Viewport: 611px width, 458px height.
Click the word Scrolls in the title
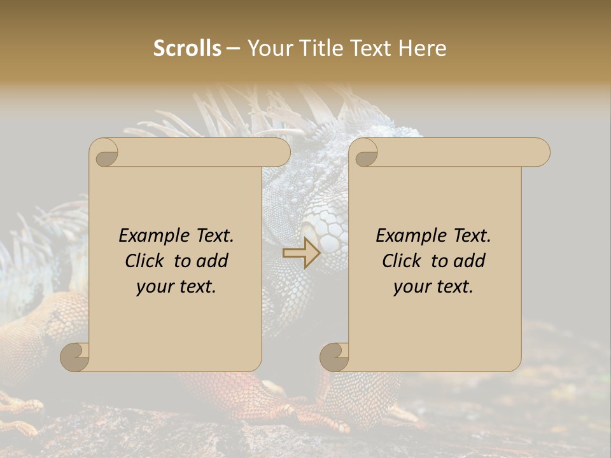pyautogui.click(x=187, y=48)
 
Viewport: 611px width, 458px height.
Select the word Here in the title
pyautogui.click(x=423, y=48)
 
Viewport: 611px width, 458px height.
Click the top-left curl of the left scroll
pyautogui.click(x=105, y=153)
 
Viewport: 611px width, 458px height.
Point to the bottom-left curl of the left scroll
pyautogui.click(x=75, y=357)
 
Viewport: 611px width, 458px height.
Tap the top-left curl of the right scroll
pyautogui.click(x=365, y=153)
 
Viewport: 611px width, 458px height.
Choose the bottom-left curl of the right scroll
pyautogui.click(x=334, y=357)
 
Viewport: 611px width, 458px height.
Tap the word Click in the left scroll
pyautogui.click(x=144, y=261)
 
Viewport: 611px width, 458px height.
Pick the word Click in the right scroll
pyautogui.click(x=401, y=261)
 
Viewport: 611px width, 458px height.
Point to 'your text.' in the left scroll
pyautogui.click(x=176, y=286)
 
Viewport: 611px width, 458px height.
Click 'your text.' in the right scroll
pyautogui.click(x=433, y=286)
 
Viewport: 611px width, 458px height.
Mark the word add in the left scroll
pyautogui.click(x=213, y=261)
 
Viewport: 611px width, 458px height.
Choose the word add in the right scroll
pyautogui.click(x=470, y=261)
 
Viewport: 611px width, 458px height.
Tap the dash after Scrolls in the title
pyautogui.click(x=233, y=48)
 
